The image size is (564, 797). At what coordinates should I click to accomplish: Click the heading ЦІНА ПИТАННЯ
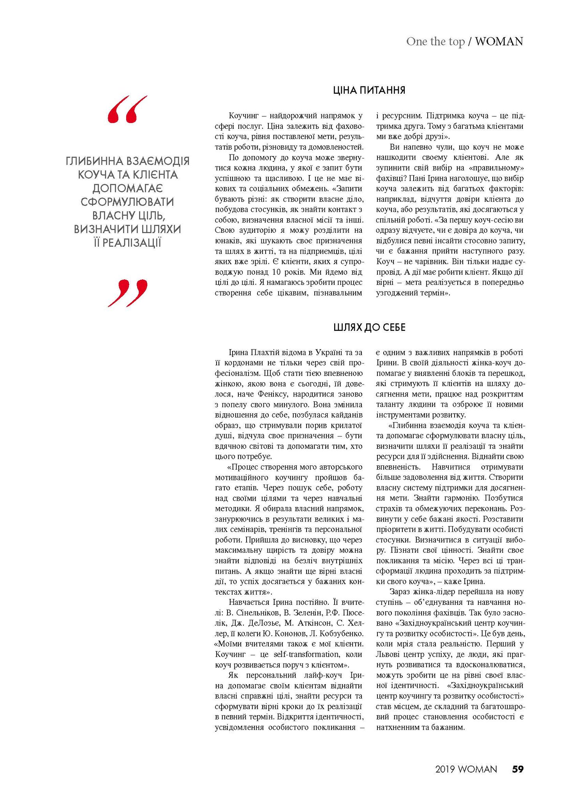click(369, 90)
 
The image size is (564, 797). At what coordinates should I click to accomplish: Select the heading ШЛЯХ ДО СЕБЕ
click(369, 327)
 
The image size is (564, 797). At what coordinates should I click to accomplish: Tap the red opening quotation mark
click(127, 109)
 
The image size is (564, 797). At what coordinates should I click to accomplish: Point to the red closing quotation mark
click(127, 293)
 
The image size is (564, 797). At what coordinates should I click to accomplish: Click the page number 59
click(518, 769)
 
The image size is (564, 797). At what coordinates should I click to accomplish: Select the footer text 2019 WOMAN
click(466, 769)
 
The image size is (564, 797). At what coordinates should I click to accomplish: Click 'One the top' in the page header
click(435, 42)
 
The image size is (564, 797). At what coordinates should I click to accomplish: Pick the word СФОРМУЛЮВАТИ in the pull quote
click(127, 202)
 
